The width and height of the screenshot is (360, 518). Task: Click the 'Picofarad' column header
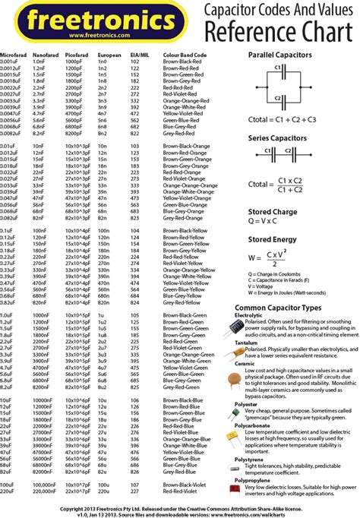pyautogui.click(x=77, y=55)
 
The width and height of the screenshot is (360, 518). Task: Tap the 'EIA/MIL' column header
pyautogui.click(x=138, y=55)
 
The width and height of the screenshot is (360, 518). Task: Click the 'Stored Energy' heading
pyautogui.click(x=270, y=240)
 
